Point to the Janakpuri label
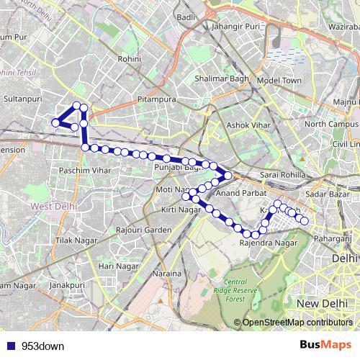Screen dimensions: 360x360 coord(67,285)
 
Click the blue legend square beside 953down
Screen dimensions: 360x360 coord(11,345)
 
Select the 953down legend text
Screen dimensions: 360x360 coord(41,345)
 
